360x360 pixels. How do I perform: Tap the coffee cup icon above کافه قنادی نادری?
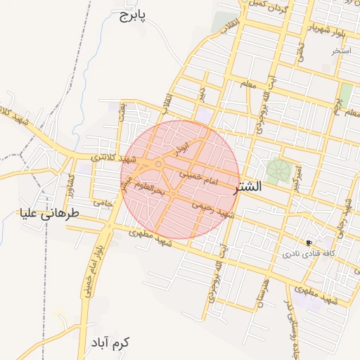point(309,242)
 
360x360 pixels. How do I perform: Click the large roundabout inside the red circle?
point(160,165)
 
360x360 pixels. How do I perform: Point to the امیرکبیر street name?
point(297,176)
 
